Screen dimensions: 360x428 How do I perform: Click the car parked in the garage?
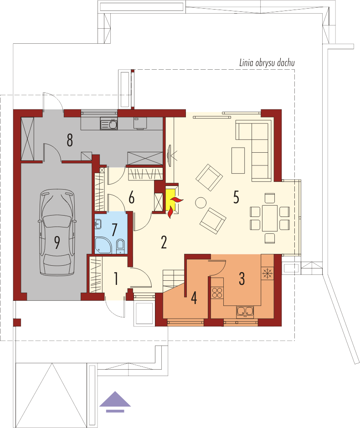pyautogui.click(x=57, y=232)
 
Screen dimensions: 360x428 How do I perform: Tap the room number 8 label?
pyautogui.click(x=70, y=140)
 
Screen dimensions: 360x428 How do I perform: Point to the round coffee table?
pyautogui.click(x=201, y=203)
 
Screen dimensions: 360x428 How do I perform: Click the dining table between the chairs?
pyautogui.click(x=270, y=218)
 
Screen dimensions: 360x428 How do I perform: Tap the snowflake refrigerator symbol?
pyautogui.click(x=267, y=273)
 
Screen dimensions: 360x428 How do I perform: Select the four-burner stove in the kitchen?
pyautogui.click(x=217, y=292)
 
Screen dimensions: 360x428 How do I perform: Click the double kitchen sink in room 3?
pyautogui.click(x=245, y=312)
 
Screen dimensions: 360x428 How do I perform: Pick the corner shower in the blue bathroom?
pyautogui.click(x=103, y=245)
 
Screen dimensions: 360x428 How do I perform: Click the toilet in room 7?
pyautogui.click(x=120, y=246)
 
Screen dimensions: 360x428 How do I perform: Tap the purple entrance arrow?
pyautogui.click(x=115, y=402)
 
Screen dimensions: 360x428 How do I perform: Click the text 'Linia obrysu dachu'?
pyautogui.click(x=267, y=63)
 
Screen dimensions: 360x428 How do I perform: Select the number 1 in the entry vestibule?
pyautogui.click(x=116, y=278)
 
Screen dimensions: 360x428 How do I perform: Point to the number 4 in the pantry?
pyautogui.click(x=194, y=298)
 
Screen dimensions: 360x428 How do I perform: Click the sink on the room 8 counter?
pyautogui.click(x=109, y=124)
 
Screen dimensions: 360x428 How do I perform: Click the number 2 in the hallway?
pyautogui.click(x=164, y=242)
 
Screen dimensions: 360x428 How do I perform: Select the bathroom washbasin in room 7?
pyautogui.click(x=98, y=224)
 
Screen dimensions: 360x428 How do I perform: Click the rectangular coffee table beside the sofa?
pyautogui.click(x=238, y=160)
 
